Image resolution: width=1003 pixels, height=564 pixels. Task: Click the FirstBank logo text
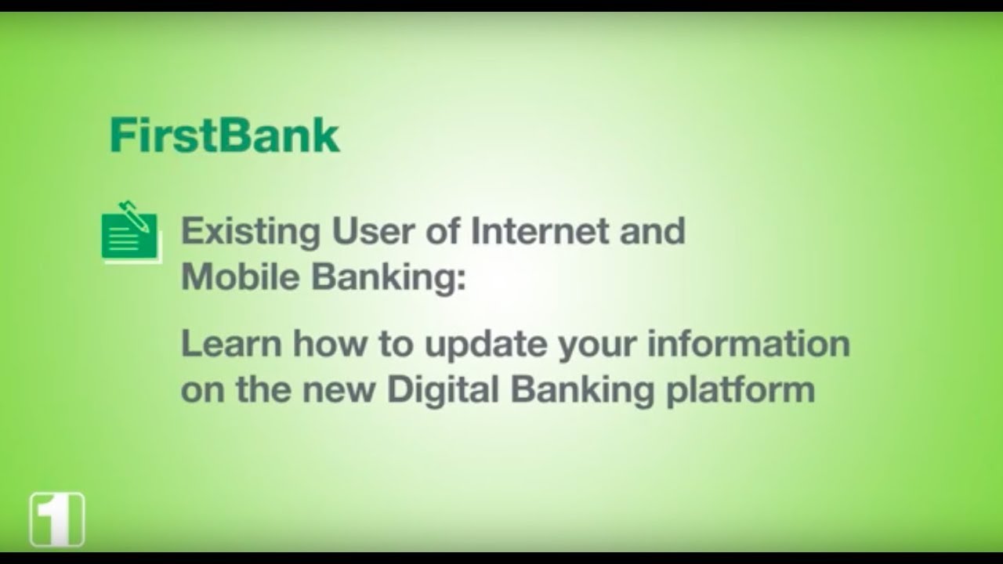pyautogui.click(x=225, y=136)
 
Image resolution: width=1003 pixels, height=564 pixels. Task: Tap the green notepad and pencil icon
pyautogui.click(x=130, y=233)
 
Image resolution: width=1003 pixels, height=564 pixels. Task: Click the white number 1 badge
pyautogui.click(x=57, y=519)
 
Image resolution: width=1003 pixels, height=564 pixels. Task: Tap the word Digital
pyautogui.click(x=440, y=390)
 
